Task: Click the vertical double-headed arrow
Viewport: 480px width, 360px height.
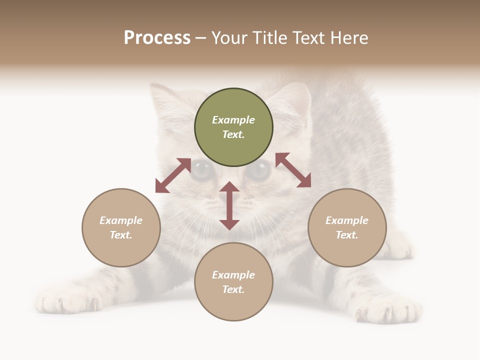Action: tap(229, 205)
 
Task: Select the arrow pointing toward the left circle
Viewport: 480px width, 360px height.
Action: tap(173, 175)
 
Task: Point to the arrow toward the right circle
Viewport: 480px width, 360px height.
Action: tap(293, 170)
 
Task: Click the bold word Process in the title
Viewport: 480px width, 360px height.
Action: tap(157, 37)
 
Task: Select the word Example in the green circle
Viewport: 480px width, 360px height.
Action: tap(233, 120)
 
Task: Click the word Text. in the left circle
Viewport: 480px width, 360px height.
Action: tap(121, 235)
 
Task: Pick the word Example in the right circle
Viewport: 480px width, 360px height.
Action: tap(347, 220)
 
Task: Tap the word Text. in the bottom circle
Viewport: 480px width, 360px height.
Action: tap(233, 289)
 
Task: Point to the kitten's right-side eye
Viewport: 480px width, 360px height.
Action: tap(259, 171)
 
